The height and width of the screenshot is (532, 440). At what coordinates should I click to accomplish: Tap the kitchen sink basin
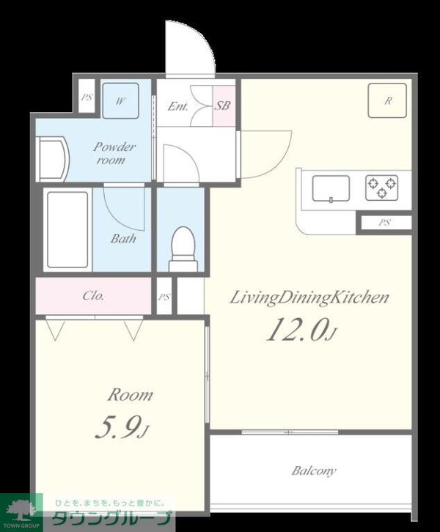pyautogui.click(x=331, y=188)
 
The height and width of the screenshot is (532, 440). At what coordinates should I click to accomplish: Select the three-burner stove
pyautogui.click(x=381, y=188)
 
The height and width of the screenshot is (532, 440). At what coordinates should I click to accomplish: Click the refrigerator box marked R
pyautogui.click(x=387, y=100)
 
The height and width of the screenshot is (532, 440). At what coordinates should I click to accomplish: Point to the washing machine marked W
pyautogui.click(x=120, y=101)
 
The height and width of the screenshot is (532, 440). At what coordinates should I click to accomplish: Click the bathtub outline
pyautogui.click(x=67, y=229)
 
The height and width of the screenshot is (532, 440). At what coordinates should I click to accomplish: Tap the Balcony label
pyautogui.click(x=314, y=471)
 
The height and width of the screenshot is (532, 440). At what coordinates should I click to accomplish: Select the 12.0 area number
pyautogui.click(x=301, y=329)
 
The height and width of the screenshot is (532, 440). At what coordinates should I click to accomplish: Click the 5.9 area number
pyautogui.click(x=122, y=427)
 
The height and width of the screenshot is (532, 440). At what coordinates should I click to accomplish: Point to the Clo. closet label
pyautogui.click(x=93, y=296)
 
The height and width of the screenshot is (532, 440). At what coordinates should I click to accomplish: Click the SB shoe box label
pyautogui.click(x=222, y=106)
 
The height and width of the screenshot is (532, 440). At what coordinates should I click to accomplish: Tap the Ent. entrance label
pyautogui.click(x=178, y=106)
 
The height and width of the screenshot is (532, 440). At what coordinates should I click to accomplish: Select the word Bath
pyautogui.click(x=123, y=238)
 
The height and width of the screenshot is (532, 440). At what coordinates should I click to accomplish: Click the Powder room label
pyautogui.click(x=114, y=153)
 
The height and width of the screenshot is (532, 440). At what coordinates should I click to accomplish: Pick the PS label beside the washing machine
pyautogui.click(x=87, y=97)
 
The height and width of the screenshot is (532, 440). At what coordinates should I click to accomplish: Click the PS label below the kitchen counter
pyautogui.click(x=385, y=223)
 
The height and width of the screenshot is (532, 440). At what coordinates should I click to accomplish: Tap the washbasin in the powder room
pyautogui.click(x=53, y=159)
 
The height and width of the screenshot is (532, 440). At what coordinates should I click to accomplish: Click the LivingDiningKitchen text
pyautogui.click(x=309, y=298)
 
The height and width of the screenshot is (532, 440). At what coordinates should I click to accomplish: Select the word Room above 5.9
pyautogui.click(x=130, y=395)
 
